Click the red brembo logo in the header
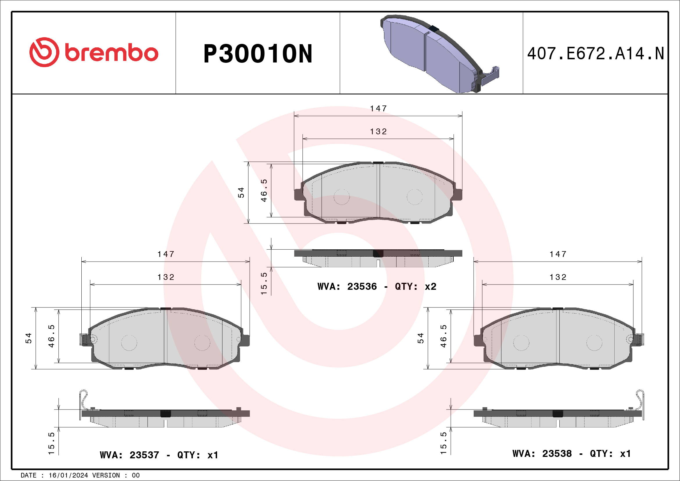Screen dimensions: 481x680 click(94, 52)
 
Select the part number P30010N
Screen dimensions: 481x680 click(257, 54)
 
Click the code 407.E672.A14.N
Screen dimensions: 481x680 click(595, 54)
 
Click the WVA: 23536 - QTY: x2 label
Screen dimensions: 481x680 click(377, 286)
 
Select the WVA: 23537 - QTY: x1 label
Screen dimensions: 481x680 click(159, 455)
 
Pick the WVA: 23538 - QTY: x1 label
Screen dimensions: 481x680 click(571, 453)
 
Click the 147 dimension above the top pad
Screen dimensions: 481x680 click(378, 109)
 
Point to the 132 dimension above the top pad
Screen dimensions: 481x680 click(378, 131)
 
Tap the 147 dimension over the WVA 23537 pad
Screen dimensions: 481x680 click(166, 254)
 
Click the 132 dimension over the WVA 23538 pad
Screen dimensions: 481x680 click(558, 277)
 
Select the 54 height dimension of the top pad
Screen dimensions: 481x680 click(241, 192)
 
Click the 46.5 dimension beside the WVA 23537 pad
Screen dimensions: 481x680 click(51, 336)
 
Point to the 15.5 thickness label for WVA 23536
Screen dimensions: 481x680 click(264, 283)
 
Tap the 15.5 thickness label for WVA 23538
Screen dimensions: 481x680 click(443, 443)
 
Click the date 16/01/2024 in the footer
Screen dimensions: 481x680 click(68, 475)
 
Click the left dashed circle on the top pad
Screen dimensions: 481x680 click(341, 197)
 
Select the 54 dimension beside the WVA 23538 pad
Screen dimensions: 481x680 click(420, 338)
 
